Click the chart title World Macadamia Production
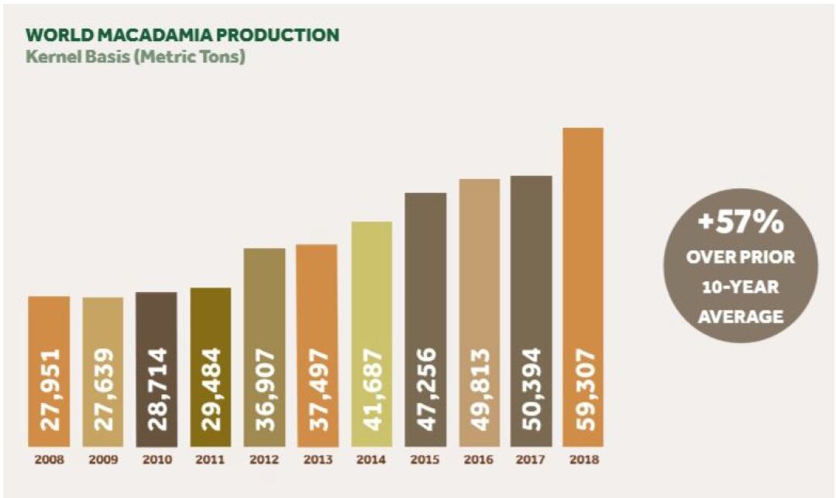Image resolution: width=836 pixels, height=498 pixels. [x=182, y=35]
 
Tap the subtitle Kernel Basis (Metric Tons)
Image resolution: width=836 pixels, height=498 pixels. [x=136, y=57]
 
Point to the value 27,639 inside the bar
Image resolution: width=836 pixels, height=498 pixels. [x=103, y=391]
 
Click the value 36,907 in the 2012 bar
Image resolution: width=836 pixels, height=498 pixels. [x=264, y=391]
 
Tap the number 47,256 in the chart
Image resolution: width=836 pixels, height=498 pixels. [x=425, y=391]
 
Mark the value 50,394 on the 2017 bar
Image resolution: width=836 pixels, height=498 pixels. [x=532, y=391]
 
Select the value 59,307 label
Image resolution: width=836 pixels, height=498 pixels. [x=583, y=391]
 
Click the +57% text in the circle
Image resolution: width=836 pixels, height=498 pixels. [x=741, y=224]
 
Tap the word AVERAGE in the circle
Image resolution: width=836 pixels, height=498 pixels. [x=741, y=317]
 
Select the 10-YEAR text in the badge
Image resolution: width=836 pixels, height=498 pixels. [x=741, y=287]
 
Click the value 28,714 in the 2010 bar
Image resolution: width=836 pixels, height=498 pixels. [x=157, y=391]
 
